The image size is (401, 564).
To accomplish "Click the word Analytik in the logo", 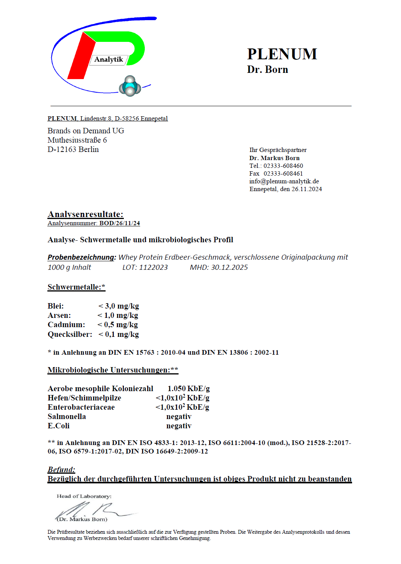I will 109,59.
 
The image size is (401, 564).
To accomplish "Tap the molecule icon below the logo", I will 130,86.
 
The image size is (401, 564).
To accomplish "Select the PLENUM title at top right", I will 282,54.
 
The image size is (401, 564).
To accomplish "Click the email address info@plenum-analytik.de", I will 284,181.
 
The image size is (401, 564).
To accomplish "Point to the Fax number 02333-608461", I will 283,174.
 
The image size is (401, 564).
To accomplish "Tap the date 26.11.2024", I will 307,189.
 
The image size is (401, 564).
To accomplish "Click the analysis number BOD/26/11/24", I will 120,223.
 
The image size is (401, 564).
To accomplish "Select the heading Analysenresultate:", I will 85,214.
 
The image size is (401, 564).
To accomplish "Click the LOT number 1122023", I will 153,267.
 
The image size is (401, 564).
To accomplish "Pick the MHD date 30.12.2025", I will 229,267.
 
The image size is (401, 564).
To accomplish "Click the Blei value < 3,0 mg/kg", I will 118,306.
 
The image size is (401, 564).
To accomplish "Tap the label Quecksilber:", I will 70,334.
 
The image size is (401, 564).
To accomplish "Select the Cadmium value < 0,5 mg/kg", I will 118,325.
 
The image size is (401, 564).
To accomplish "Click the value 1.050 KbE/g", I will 189,388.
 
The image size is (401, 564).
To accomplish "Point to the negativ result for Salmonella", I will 179,417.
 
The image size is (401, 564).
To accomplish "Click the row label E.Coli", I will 59,426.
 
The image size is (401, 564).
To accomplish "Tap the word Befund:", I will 61,470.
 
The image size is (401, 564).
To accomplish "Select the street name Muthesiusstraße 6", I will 77,140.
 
